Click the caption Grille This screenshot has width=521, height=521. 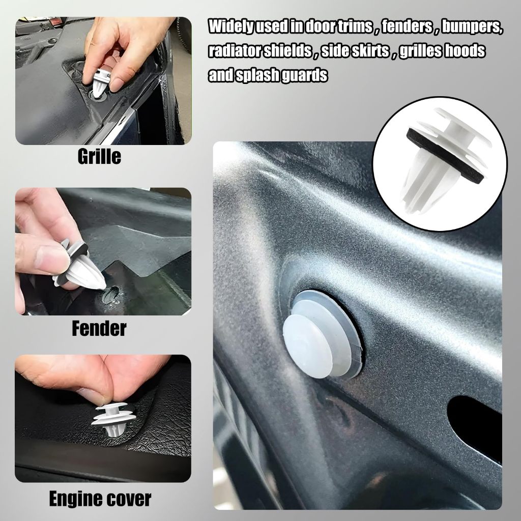(x=99, y=157)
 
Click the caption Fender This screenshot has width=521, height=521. (x=99, y=328)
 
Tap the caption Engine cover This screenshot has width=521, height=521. (x=100, y=499)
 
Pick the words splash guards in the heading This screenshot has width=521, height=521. (x=282, y=75)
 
